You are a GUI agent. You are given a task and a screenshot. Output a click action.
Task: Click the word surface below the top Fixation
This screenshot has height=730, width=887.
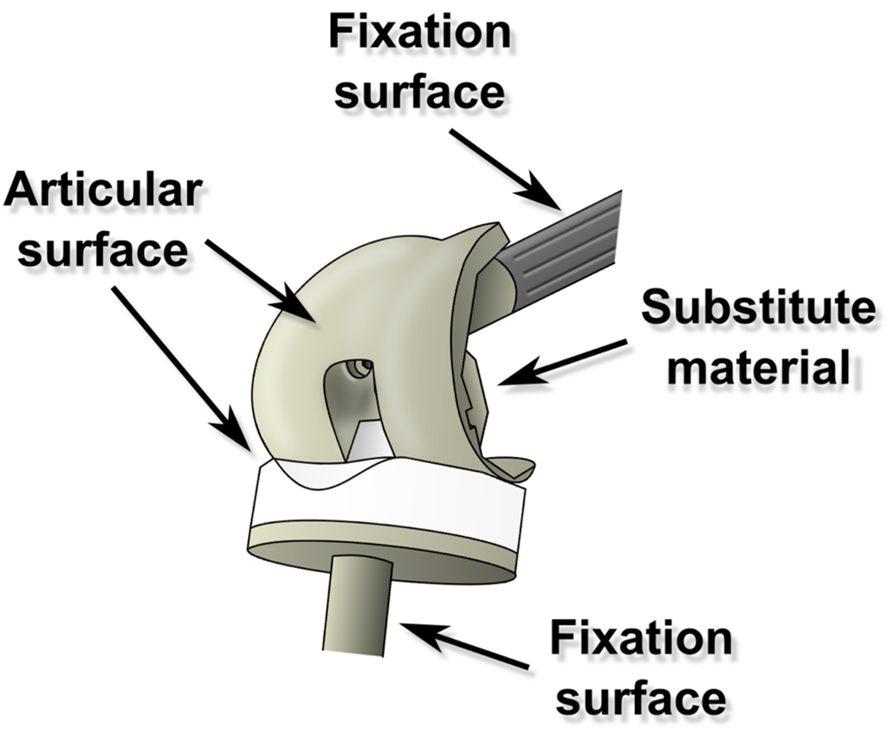(420, 90)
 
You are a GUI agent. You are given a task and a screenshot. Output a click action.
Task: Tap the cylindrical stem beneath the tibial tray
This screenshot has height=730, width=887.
(360, 606)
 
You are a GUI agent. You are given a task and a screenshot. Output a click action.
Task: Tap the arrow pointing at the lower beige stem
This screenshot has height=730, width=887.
(463, 646)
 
